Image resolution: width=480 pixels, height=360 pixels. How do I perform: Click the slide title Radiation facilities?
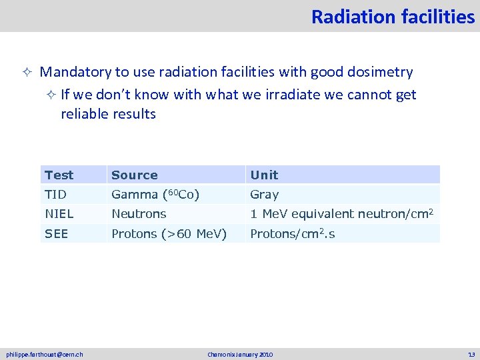[393, 17]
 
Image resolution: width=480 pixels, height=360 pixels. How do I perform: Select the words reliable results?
[108, 114]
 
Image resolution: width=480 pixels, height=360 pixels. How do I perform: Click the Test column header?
[59, 175]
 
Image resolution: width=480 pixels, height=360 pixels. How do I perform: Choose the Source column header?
[135, 175]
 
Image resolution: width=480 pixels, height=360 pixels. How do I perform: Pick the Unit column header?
[264, 175]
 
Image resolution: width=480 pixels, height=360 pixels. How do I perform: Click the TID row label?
[56, 195]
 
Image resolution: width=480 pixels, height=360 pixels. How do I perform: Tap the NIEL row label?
[59, 214]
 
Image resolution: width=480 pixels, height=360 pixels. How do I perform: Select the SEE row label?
[57, 234]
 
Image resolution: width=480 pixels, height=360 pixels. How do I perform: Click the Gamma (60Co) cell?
[155, 195]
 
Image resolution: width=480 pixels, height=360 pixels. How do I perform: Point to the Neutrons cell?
[139, 214]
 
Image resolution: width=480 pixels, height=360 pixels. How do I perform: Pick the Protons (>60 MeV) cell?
[169, 234]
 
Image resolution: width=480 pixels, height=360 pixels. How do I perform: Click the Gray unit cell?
[264, 195]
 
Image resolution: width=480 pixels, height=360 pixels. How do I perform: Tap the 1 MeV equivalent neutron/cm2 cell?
[342, 214]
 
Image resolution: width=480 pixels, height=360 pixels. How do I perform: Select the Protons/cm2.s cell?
[292, 234]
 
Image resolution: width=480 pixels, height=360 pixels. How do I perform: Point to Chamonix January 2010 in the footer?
[240, 355]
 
